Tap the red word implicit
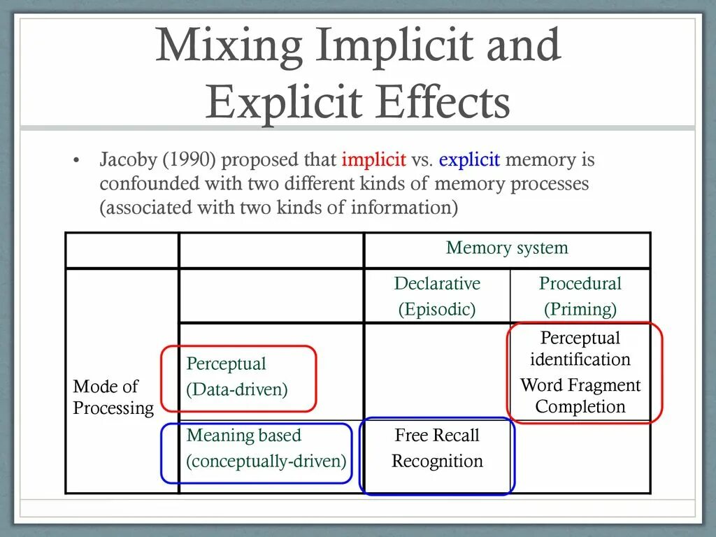(373, 160)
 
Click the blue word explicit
(469, 160)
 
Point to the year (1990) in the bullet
(189, 160)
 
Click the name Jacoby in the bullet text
(129, 160)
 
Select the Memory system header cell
(507, 248)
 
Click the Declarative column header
(437, 284)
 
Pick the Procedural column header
(580, 284)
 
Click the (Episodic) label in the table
(437, 310)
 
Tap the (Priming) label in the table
(580, 310)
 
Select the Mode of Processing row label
(113, 397)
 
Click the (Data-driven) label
(237, 389)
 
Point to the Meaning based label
(243, 436)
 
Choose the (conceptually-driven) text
(266, 461)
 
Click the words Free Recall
(437, 436)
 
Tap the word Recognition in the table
(437, 461)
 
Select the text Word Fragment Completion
(580, 396)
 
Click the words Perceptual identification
(580, 348)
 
